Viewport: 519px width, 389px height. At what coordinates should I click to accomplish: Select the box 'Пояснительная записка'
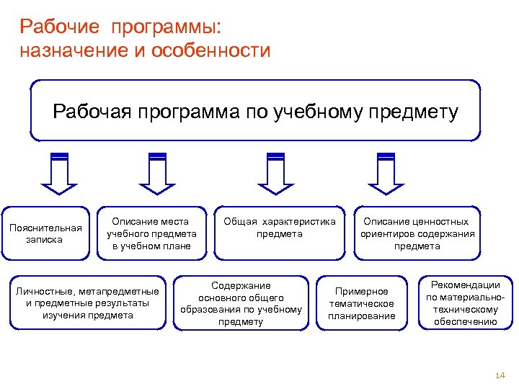pos(45,233)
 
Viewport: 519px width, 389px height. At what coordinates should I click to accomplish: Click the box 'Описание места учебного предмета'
pos(151,233)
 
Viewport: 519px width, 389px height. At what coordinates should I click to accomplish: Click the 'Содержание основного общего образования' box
pos(241,303)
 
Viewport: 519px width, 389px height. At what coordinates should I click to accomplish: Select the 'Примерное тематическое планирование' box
pos(362,303)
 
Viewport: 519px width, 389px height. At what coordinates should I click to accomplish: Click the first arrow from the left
pos(60,174)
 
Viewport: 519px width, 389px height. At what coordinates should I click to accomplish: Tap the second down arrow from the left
pos(157,174)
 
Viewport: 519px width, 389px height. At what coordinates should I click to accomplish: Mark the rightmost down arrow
pos(386,174)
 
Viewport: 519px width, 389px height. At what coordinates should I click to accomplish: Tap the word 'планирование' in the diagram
pos(362,316)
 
